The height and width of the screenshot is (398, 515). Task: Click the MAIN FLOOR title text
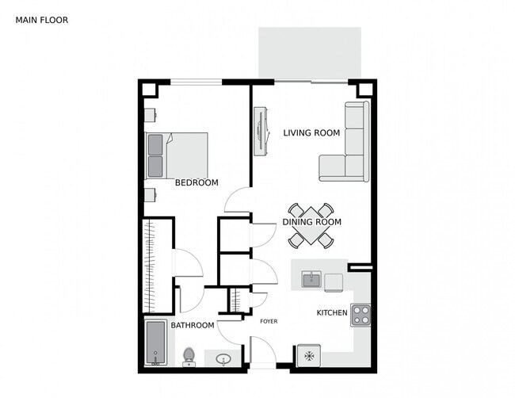click(42, 20)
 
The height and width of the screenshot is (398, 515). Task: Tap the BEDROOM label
click(196, 182)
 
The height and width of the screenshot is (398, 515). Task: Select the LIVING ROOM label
click(311, 132)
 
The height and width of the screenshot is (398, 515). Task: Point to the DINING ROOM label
click(311, 222)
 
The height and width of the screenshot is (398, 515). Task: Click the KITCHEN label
click(332, 312)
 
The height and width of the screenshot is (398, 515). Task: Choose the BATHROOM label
click(193, 325)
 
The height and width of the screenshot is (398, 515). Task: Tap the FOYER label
click(269, 321)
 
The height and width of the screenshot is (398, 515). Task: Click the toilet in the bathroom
click(189, 357)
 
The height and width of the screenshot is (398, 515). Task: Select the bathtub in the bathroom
click(155, 343)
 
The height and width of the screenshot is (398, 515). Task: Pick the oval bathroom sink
click(223, 359)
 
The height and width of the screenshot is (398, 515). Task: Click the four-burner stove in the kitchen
click(360, 316)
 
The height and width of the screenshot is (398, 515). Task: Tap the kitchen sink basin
click(311, 280)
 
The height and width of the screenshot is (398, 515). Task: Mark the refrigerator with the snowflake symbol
click(309, 356)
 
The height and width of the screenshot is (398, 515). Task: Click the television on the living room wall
click(262, 132)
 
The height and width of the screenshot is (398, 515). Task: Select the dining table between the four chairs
click(311, 226)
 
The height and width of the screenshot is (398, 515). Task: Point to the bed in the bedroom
click(177, 155)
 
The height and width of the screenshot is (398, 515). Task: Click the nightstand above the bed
click(151, 115)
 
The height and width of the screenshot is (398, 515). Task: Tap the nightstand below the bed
click(151, 194)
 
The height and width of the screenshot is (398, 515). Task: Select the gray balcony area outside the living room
click(310, 52)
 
